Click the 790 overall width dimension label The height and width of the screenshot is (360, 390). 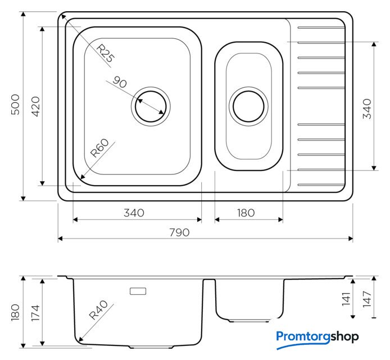click(179, 232)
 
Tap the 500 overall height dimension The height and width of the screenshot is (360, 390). click(15, 105)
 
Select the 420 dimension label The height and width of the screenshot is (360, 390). click(35, 106)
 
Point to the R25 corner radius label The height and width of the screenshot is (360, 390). click(105, 53)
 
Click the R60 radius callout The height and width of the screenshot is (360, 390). click(99, 148)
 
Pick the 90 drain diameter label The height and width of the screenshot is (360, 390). click(120, 82)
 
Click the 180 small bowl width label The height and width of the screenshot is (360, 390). click(246, 213)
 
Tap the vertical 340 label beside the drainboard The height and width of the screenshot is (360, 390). click(367, 109)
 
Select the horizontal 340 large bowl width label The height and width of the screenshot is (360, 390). click(134, 213)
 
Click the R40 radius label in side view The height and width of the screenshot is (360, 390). click(98, 310)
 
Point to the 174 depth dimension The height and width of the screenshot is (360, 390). click(35, 313)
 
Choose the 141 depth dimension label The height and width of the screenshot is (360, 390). click(346, 299)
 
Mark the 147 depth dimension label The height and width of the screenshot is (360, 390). click(367, 299)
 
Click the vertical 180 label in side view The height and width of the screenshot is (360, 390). click(15, 312)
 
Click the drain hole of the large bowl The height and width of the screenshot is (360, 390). click(151, 106)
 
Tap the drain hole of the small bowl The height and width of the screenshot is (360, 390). click(248, 106)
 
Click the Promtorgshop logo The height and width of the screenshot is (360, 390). click(318, 339)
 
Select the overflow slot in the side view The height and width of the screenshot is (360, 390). click(138, 291)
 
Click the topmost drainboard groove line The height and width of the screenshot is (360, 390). click(321, 28)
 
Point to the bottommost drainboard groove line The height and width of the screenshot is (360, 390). click(321, 184)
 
